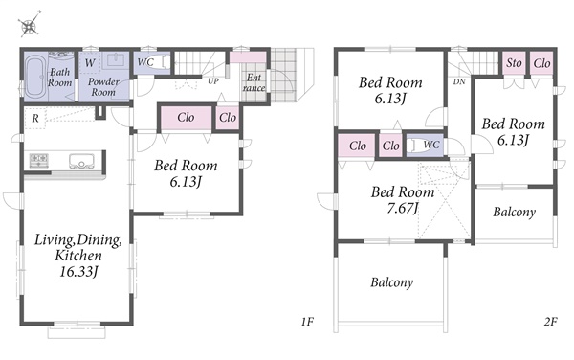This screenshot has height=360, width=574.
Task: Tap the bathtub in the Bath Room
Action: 35,75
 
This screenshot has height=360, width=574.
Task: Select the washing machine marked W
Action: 89,63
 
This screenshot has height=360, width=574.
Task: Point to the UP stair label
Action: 213,81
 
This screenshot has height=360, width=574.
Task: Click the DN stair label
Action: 459,81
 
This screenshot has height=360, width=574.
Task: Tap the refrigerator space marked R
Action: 35,118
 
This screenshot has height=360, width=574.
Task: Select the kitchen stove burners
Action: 39,161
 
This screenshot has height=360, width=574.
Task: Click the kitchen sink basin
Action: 81,161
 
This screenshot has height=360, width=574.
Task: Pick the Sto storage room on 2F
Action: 514,63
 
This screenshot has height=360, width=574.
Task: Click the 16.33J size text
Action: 79,272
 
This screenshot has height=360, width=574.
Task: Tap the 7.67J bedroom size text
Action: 403,208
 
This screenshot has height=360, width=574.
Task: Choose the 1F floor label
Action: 307,322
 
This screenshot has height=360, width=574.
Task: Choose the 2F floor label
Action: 551,322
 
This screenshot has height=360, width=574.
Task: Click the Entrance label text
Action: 254,82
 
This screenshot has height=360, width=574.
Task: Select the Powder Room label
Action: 103,87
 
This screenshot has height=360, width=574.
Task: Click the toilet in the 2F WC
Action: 414,146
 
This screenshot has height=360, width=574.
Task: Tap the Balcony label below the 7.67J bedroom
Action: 391,282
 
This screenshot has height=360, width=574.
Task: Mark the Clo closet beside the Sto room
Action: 541,63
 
